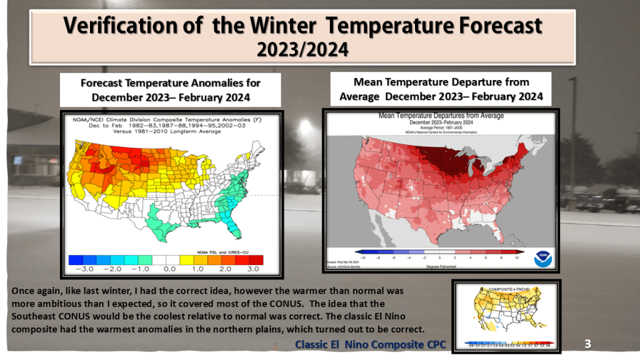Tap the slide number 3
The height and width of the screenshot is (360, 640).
[x=587, y=343]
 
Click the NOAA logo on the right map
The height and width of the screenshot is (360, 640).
[x=542, y=257]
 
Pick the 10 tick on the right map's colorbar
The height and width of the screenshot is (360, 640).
[x=517, y=257]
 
